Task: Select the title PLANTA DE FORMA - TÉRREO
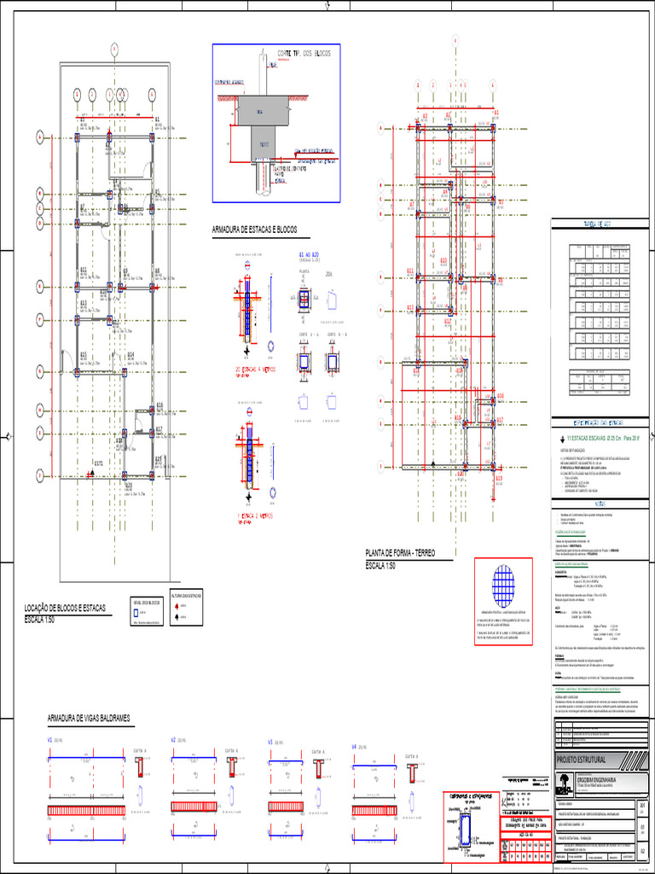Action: [x=401, y=554]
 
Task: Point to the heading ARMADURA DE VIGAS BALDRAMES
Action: [x=89, y=719]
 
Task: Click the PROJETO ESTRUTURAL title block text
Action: [x=581, y=760]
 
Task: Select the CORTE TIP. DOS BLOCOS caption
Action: [x=299, y=54]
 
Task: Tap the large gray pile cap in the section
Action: [x=264, y=109]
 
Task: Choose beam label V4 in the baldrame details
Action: [x=355, y=747]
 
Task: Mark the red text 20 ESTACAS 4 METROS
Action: [x=253, y=370]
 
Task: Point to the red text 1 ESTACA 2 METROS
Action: [x=253, y=516]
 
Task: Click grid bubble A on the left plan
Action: [x=39, y=137]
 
